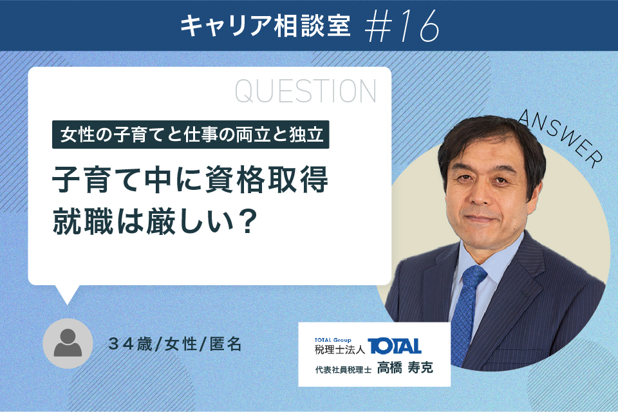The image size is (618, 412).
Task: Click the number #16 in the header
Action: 402,26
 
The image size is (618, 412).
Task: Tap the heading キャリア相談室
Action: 265,26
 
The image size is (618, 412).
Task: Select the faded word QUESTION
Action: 306,91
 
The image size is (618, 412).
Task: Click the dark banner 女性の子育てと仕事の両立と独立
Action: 191,135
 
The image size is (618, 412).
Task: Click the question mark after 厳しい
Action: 247,221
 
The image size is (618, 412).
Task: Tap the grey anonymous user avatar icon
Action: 68,343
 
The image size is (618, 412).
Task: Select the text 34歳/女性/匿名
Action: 174,344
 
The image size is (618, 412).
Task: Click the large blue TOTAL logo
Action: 395,346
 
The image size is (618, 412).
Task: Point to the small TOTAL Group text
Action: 333,340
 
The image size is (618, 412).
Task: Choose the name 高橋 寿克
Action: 405,368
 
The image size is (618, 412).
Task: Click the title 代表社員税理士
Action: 343,370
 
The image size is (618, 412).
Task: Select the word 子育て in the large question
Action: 97,180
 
